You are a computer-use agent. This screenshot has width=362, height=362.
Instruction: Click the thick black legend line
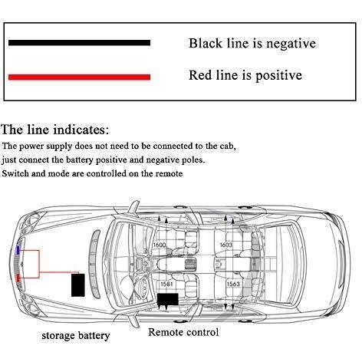79,43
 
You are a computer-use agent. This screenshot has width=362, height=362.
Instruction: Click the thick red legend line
79,77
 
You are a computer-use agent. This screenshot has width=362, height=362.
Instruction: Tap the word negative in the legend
291,44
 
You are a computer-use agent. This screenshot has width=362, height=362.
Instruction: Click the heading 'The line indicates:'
55,130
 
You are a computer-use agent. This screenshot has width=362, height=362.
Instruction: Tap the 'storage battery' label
76,336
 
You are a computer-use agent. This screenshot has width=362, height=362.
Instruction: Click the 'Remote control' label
183,332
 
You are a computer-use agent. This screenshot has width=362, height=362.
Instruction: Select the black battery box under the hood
77,285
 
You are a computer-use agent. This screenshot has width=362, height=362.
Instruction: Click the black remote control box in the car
168,299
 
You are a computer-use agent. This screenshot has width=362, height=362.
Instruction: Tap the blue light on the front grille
18,250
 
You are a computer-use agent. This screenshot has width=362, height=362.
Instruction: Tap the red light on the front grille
18,278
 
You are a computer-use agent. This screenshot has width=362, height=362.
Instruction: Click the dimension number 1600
160,245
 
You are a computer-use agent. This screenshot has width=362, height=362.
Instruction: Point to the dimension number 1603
226,245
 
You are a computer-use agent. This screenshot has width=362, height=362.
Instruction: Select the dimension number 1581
166,284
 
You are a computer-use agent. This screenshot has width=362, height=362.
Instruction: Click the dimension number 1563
233,284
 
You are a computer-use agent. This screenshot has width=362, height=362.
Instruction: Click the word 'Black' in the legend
206,43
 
